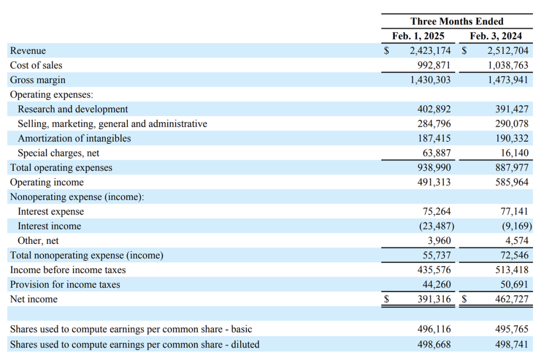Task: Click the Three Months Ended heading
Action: (x=457, y=22)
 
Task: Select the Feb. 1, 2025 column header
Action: (x=418, y=36)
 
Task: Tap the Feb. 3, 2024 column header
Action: (x=496, y=36)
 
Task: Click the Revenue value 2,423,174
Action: (x=430, y=51)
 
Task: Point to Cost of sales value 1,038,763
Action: (x=508, y=65)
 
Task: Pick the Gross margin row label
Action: (x=38, y=80)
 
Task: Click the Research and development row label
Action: (x=73, y=109)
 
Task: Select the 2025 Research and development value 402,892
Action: (x=434, y=109)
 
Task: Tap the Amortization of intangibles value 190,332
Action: (x=512, y=138)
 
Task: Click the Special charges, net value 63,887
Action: (x=437, y=153)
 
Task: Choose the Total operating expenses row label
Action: (x=61, y=168)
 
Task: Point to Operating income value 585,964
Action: (x=512, y=182)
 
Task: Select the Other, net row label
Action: (x=38, y=241)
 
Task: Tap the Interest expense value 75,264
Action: (x=437, y=211)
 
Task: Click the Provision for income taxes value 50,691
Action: (x=514, y=284)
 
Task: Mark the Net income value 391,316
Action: (x=434, y=299)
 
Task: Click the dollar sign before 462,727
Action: (x=464, y=299)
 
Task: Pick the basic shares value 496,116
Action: (x=434, y=329)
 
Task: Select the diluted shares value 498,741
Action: (x=512, y=344)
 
